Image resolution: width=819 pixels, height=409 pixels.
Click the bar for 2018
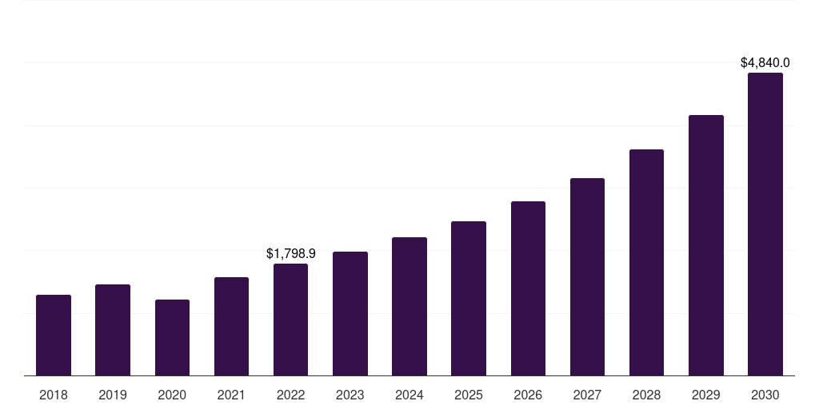(54, 336)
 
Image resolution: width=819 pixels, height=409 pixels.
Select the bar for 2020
(172, 338)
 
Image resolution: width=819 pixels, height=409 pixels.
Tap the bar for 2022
(290, 320)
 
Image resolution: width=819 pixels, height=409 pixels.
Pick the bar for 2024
(409, 307)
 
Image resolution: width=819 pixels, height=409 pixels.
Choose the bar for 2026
(528, 288)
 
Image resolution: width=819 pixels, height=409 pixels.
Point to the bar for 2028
(646, 263)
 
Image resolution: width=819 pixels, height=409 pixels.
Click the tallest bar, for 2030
(765, 224)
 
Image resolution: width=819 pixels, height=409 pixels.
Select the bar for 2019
(113, 330)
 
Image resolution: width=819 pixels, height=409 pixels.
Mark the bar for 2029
(705, 245)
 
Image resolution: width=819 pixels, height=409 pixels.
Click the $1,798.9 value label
(291, 253)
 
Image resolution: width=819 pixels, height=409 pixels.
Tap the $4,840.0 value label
(765, 62)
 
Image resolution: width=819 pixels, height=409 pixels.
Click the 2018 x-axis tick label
(54, 395)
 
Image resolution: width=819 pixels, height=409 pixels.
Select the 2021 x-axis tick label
(231, 395)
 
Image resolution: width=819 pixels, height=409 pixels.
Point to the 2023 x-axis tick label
(350, 395)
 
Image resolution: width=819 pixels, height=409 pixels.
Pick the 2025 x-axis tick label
(469, 395)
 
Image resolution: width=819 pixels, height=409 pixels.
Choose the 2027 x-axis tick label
(587, 395)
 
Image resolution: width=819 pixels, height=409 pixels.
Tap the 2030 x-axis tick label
(765, 395)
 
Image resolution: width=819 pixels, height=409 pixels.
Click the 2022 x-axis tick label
(290, 395)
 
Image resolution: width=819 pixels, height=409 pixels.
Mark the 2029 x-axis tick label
(705, 395)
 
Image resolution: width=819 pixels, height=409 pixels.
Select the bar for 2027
(587, 277)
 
